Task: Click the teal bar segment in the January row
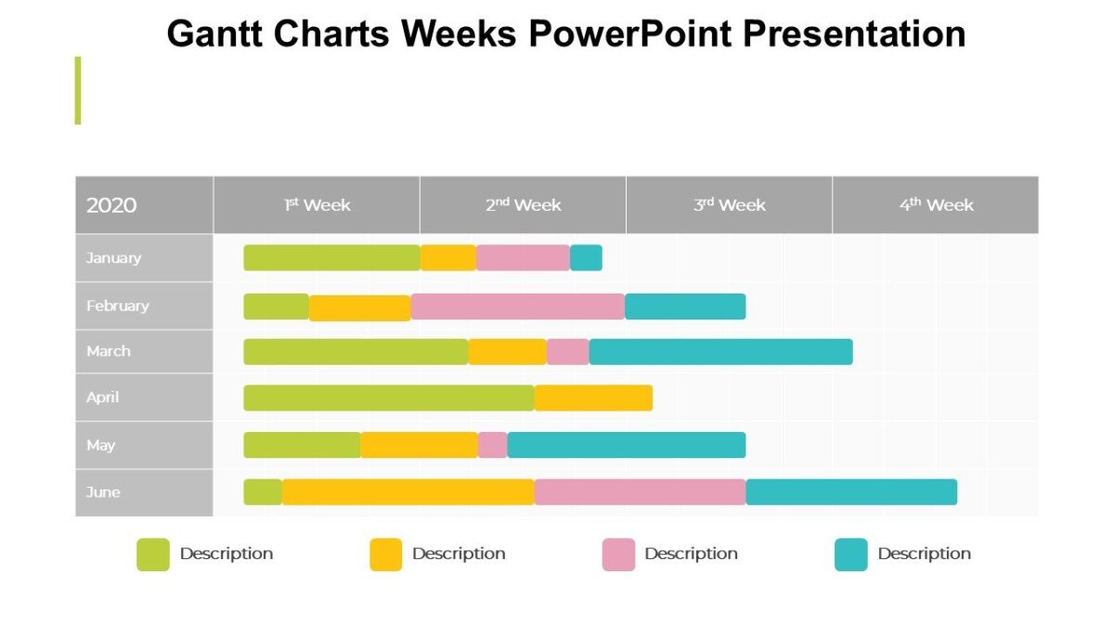click(x=586, y=257)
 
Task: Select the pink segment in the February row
click(x=517, y=306)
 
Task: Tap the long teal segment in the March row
click(x=720, y=351)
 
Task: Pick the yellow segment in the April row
click(x=593, y=398)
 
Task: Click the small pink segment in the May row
click(x=493, y=445)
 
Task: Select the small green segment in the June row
click(x=263, y=491)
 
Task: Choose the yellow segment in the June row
click(x=408, y=491)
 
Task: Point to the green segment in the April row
click(x=389, y=398)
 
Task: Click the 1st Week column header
click(x=317, y=204)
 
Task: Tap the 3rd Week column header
click(x=729, y=204)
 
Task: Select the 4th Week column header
click(x=936, y=204)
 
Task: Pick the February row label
click(x=118, y=306)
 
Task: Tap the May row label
click(x=101, y=445)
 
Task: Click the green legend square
click(x=153, y=555)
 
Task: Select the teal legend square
click(x=850, y=555)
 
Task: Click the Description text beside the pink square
click(x=691, y=554)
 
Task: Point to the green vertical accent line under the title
click(x=78, y=90)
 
